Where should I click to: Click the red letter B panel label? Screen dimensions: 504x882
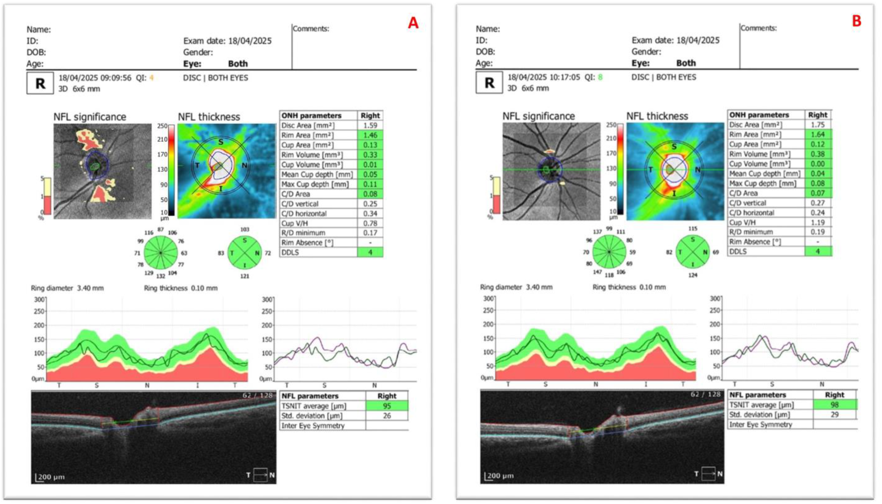[x=856, y=21]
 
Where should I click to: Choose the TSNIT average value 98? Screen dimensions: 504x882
[x=834, y=405]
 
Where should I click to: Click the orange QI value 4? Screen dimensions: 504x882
[x=151, y=78]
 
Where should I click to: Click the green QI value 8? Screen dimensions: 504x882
[x=600, y=77]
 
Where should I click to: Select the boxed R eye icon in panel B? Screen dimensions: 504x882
[x=489, y=83]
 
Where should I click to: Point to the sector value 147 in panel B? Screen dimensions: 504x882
[x=597, y=272]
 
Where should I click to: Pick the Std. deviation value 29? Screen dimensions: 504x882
[x=834, y=414]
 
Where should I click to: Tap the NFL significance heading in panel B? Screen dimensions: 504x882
[x=538, y=116]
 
